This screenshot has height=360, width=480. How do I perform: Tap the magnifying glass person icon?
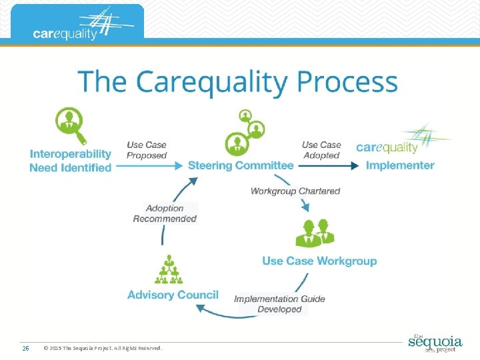click(x=70, y=126)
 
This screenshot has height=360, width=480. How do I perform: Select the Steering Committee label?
click(x=241, y=165)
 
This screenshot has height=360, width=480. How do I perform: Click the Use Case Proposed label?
click(x=147, y=150)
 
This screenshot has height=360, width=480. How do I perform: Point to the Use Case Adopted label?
click(x=321, y=150)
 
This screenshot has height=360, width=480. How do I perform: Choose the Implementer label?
click(x=400, y=165)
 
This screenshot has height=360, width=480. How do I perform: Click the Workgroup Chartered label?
click(x=295, y=191)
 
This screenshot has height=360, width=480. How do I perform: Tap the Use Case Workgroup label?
click(x=319, y=261)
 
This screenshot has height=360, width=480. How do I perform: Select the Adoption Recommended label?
click(x=165, y=213)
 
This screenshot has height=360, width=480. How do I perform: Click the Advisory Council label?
click(x=173, y=295)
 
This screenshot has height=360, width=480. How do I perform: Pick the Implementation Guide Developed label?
click(x=279, y=304)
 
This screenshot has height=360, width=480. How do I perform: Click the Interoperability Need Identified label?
click(x=70, y=161)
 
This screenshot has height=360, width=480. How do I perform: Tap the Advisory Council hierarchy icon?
click(x=168, y=270)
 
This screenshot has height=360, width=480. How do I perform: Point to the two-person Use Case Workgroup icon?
click(x=314, y=232)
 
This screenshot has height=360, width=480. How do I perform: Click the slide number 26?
click(x=25, y=348)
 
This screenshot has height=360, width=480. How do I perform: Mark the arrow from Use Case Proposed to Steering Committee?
click(x=150, y=165)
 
